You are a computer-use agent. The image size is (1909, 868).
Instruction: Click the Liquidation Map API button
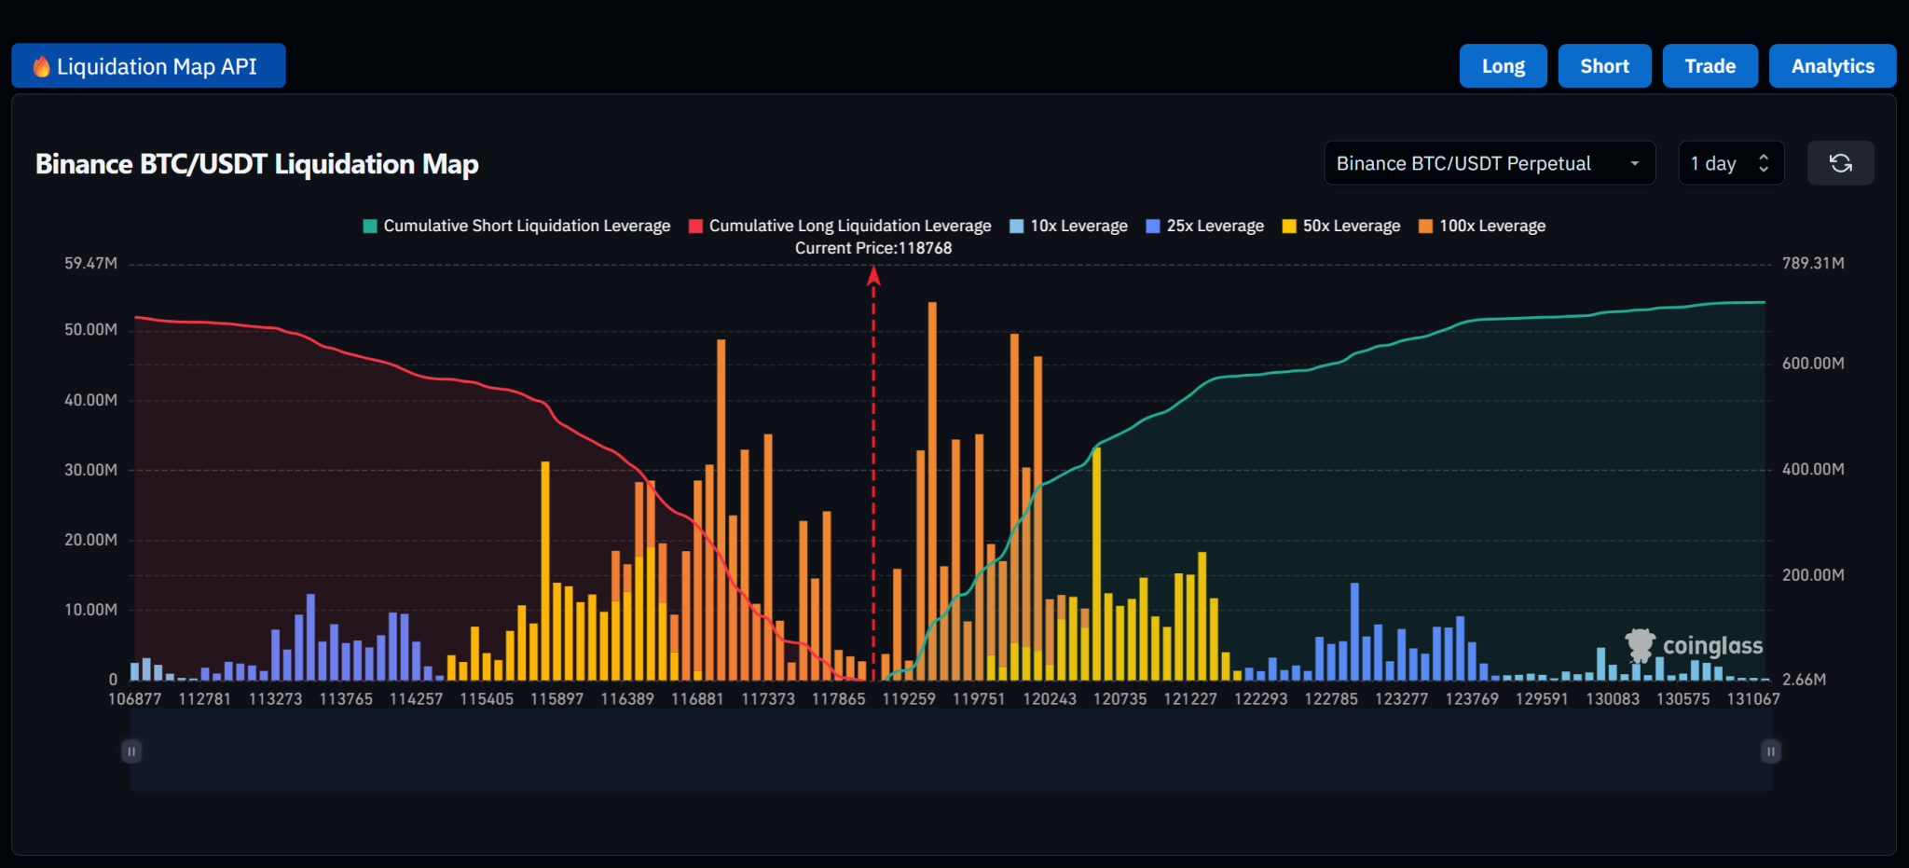coord(148,66)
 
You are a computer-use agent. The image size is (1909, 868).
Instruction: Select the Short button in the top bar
coord(1604,66)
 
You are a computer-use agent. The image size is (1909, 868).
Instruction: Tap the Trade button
coord(1710,66)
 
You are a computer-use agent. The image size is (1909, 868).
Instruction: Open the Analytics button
coord(1832,66)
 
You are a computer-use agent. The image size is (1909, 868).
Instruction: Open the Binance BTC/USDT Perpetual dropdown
coord(1489,163)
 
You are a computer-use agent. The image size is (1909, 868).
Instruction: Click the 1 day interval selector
coord(1730,163)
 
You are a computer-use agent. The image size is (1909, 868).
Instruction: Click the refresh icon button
coord(1840,163)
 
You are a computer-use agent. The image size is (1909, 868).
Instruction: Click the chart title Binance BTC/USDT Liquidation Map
coord(257,164)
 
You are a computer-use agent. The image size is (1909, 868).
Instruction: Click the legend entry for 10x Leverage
coord(1069,226)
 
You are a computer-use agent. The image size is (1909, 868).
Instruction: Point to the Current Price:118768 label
coord(873,248)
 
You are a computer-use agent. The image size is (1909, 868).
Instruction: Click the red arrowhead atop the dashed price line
coord(873,275)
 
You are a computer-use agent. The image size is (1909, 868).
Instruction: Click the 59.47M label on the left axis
coord(90,263)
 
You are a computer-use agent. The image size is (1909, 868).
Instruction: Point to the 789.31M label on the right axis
coord(1813,263)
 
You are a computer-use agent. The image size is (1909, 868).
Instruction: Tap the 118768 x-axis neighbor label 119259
coord(909,698)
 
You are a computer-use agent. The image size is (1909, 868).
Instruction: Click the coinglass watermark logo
coord(1694,645)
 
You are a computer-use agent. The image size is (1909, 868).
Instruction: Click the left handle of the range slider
coord(131,751)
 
